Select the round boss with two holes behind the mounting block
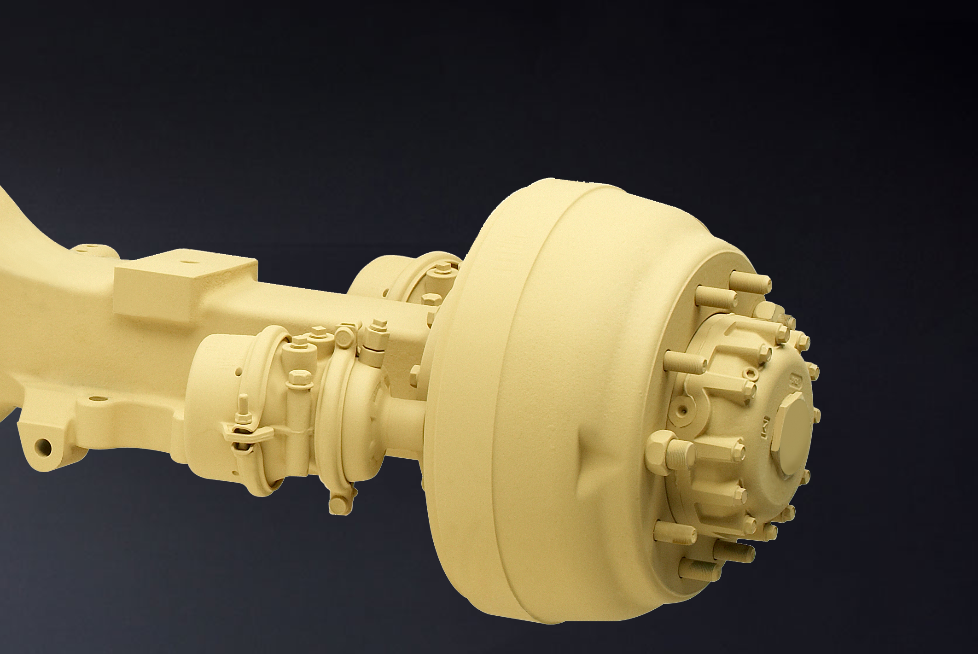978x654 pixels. pos(90,251)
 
